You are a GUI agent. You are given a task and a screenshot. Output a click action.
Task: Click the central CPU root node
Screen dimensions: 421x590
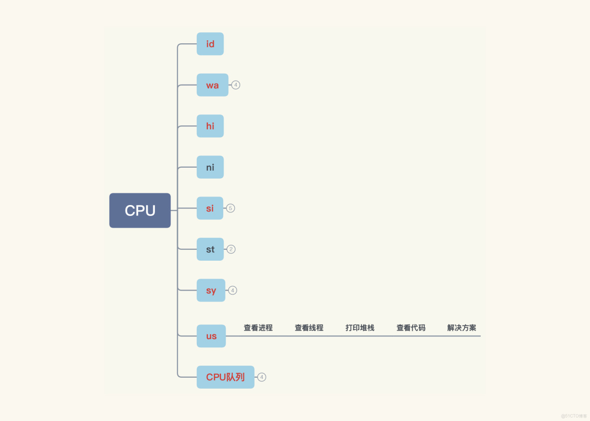[x=140, y=210]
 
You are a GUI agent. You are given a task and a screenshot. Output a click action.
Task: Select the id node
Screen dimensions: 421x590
[x=210, y=44]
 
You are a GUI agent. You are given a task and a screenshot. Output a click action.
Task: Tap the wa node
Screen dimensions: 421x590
[x=212, y=85]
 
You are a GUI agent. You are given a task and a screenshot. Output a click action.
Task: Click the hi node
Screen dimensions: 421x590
[x=210, y=126]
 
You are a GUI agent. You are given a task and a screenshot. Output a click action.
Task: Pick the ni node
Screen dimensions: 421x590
[x=210, y=167]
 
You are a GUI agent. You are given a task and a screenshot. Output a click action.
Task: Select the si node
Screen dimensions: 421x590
[x=210, y=208]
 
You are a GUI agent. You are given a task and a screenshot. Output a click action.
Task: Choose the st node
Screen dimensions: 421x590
[x=210, y=249]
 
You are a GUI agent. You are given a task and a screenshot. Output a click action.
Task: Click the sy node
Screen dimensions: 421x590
[x=211, y=290]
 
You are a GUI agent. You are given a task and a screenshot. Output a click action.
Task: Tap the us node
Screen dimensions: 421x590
[x=211, y=336]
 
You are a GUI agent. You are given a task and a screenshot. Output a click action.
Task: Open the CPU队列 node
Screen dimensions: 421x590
[x=225, y=377]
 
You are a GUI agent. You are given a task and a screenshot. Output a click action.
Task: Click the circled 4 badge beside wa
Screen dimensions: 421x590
[x=236, y=85]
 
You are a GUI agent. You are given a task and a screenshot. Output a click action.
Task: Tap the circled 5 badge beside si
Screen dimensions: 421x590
[x=230, y=208]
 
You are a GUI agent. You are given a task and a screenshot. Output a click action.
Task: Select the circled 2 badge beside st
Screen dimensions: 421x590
[x=231, y=249]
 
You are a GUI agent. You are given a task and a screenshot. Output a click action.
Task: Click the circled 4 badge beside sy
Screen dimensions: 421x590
[x=233, y=290]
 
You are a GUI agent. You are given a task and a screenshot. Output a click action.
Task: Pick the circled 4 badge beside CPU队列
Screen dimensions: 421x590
[x=262, y=377]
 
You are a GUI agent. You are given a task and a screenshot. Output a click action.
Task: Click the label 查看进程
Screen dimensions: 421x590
[x=258, y=328]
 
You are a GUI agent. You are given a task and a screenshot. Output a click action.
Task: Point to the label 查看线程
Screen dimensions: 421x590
[x=309, y=328]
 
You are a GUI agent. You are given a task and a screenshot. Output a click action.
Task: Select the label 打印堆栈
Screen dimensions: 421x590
[x=360, y=328]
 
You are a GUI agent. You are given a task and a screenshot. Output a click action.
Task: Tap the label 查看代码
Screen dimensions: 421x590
[x=411, y=328]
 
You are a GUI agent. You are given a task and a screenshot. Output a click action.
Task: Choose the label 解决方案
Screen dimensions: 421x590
[x=461, y=328]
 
